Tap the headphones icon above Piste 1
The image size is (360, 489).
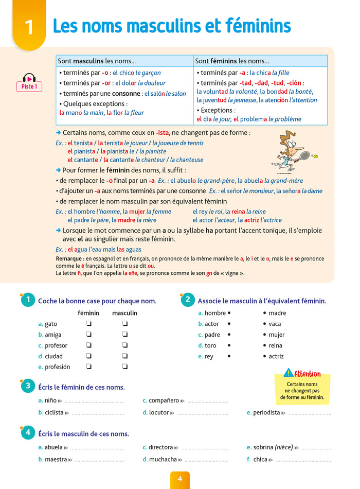pyautogui.click(x=29, y=78)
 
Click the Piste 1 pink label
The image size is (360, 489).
pyautogui.click(x=29, y=86)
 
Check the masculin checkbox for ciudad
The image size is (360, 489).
pyautogui.click(x=124, y=356)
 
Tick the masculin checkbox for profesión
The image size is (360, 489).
pyautogui.click(x=124, y=367)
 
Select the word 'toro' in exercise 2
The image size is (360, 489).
pyautogui.click(x=210, y=345)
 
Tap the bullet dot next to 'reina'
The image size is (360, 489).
pyautogui.click(x=264, y=345)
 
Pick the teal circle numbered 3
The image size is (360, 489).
pyautogui.click(x=28, y=387)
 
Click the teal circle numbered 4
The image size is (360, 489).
pyautogui.click(x=28, y=433)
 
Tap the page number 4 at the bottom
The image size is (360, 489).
pyautogui.click(x=180, y=479)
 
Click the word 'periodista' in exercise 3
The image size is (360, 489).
pyautogui.click(x=266, y=412)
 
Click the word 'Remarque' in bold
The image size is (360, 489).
pyautogui.click(x=69, y=258)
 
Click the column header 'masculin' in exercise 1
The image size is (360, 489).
pyautogui.click(x=124, y=313)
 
